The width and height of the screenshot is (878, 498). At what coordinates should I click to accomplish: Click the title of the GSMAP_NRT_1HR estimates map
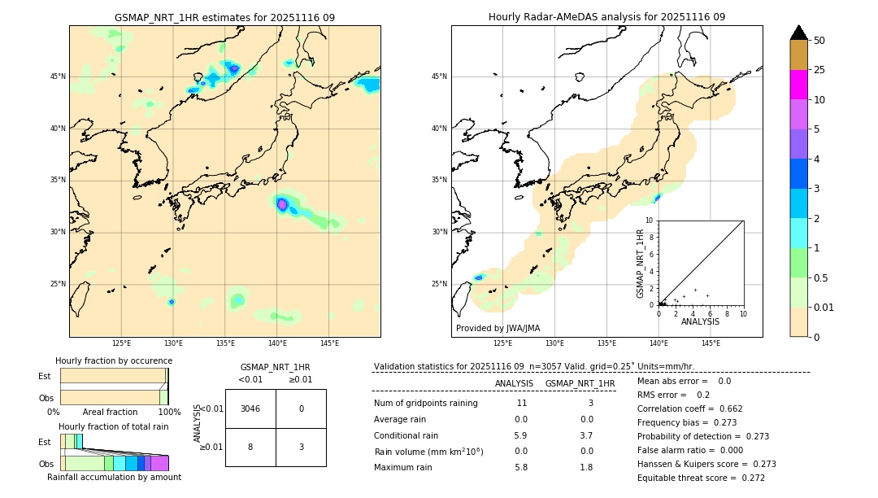point(224,17)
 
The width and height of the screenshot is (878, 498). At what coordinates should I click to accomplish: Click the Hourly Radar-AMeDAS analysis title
point(606,17)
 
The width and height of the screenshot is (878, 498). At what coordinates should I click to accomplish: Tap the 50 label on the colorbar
point(819,41)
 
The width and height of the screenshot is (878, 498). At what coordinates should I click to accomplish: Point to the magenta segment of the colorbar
point(798,85)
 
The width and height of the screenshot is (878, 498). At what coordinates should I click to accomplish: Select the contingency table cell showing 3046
point(250,408)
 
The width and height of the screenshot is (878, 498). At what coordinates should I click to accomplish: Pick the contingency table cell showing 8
point(250,447)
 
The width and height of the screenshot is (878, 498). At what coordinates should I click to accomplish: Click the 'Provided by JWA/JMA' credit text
point(498,328)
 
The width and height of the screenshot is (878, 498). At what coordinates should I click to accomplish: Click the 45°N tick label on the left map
point(58,76)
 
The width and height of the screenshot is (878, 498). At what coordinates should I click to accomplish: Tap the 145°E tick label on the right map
point(711,343)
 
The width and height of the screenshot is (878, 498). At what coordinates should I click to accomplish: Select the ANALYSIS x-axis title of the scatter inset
point(700,321)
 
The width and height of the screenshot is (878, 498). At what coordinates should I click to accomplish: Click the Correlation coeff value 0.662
point(724,408)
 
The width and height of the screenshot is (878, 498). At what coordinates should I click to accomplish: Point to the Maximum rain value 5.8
point(521,467)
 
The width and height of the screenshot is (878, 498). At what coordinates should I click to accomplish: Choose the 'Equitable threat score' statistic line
point(701,478)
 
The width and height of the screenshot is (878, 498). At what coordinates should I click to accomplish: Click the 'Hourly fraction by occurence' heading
point(114,360)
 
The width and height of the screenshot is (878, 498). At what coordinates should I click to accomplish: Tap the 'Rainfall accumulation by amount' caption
point(114,477)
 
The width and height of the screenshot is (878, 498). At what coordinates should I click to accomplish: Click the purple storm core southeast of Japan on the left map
point(282,204)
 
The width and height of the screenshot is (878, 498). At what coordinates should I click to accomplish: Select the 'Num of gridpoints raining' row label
point(425,403)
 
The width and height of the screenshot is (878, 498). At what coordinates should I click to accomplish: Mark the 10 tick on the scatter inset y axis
point(650,220)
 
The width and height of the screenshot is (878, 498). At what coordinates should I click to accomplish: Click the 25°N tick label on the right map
point(440,284)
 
